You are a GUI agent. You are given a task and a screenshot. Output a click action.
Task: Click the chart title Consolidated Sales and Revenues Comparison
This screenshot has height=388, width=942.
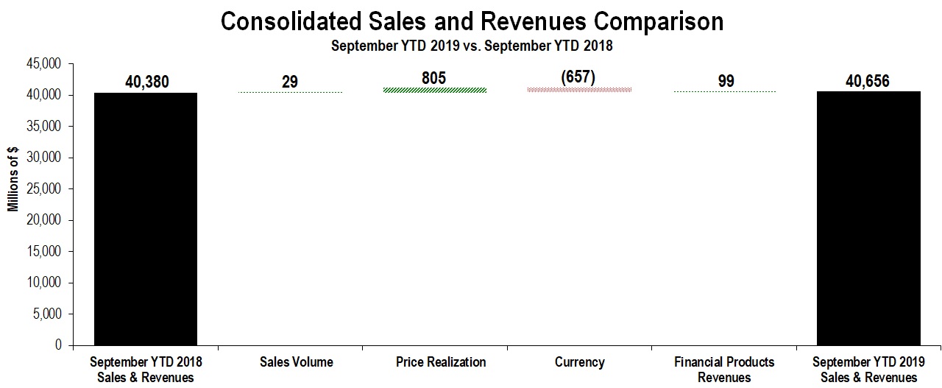pyautogui.click(x=472, y=21)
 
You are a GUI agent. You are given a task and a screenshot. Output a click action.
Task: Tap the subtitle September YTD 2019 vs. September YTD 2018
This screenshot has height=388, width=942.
pyautogui.click(x=472, y=46)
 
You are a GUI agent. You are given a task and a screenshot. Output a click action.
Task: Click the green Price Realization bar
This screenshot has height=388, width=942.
pyautogui.click(x=441, y=91)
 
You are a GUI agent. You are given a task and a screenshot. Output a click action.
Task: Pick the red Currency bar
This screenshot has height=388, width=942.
pyautogui.click(x=579, y=90)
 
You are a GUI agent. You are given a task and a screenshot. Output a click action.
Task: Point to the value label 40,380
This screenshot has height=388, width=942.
pyautogui.click(x=146, y=82)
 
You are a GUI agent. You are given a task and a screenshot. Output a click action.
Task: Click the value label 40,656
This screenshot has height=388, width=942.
pyautogui.click(x=868, y=81)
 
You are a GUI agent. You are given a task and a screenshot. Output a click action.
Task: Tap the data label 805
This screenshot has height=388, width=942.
pyautogui.click(x=434, y=78)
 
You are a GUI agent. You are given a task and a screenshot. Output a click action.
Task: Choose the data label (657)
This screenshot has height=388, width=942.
pyautogui.click(x=579, y=77)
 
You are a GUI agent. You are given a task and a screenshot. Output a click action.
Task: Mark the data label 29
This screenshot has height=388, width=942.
pyautogui.click(x=290, y=81)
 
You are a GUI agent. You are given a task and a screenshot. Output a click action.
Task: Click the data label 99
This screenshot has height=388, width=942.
pyautogui.click(x=726, y=81)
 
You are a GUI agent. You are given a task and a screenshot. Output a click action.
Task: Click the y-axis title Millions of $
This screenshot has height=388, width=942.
pyautogui.click(x=13, y=180)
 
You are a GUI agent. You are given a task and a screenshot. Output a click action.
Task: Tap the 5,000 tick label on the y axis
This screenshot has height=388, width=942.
pyautogui.click(x=49, y=314)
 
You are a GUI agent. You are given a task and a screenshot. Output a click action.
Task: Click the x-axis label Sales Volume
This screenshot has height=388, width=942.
pyautogui.click(x=297, y=362)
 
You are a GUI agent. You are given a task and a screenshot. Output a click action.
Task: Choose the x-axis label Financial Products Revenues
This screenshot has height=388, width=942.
pyautogui.click(x=724, y=370)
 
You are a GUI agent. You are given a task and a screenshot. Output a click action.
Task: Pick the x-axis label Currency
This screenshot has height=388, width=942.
pyautogui.click(x=579, y=362)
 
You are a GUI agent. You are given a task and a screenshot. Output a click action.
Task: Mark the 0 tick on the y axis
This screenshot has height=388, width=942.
pyautogui.click(x=58, y=345)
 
